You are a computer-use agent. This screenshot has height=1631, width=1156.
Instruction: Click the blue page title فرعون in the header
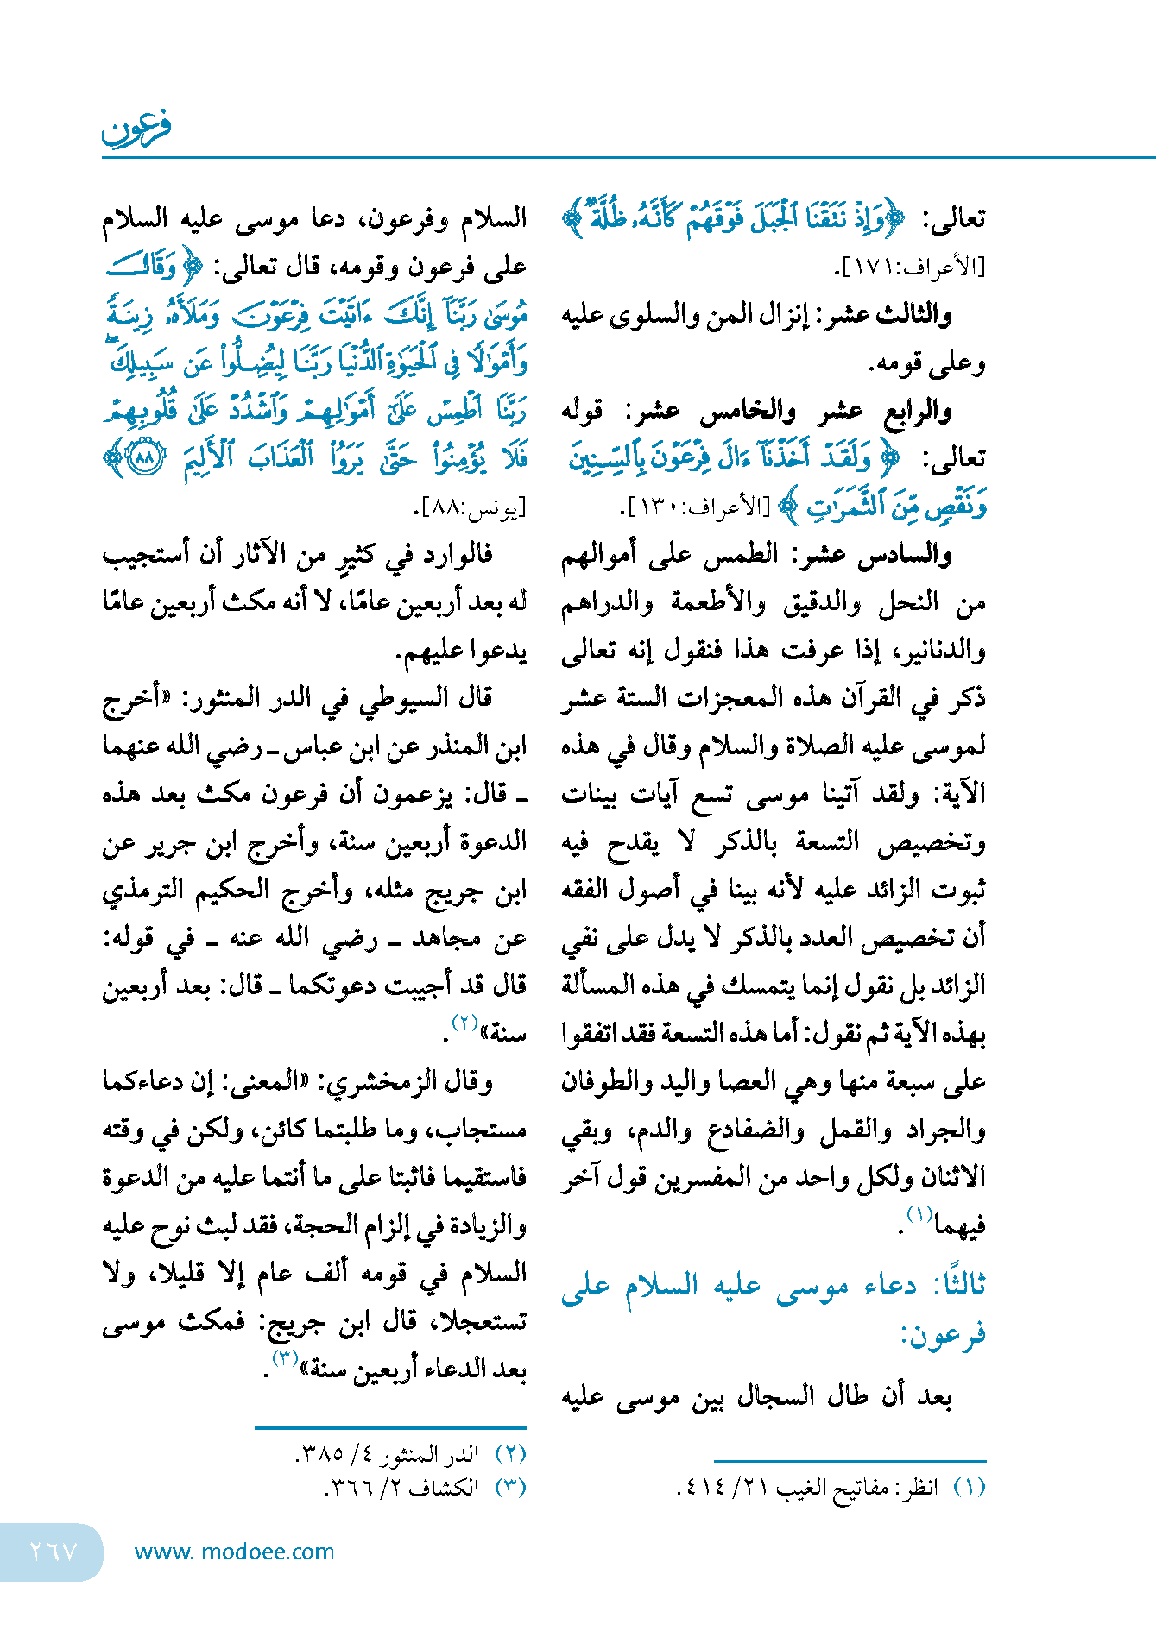tap(136, 128)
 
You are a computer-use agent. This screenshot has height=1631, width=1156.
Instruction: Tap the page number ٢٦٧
tap(54, 1552)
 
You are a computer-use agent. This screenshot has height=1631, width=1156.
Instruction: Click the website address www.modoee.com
tap(234, 1552)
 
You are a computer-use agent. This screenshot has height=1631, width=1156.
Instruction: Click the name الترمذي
tap(142, 890)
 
